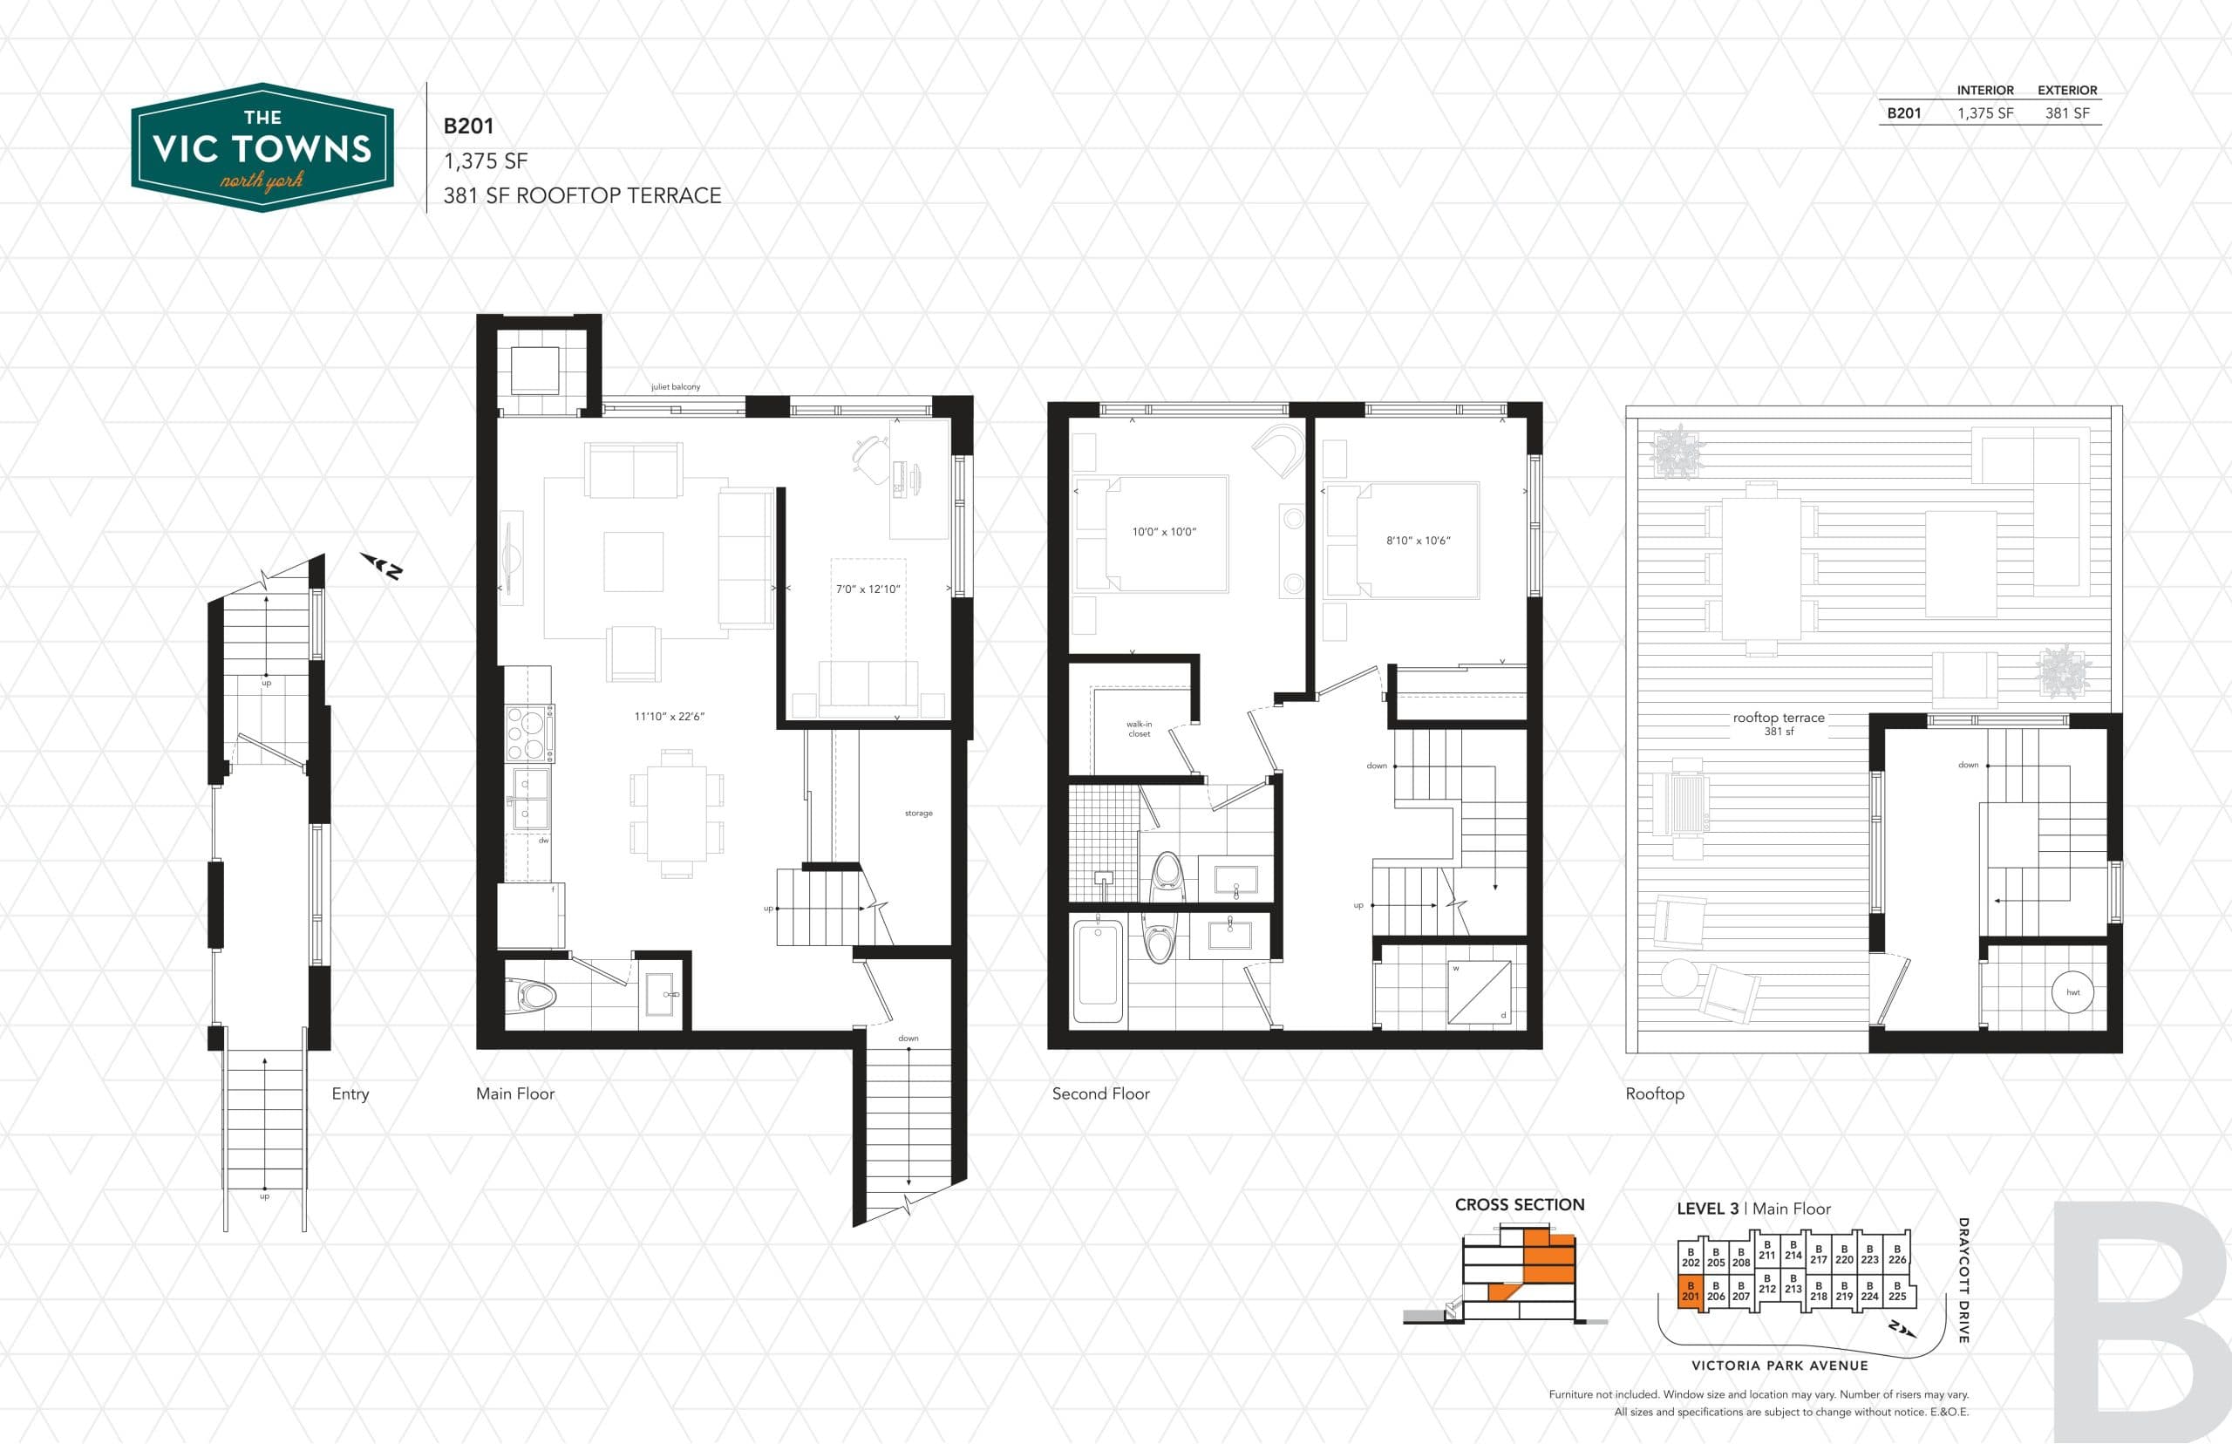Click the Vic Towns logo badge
262,148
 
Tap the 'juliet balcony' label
675,387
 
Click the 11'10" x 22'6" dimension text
670,717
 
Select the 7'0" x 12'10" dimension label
868,589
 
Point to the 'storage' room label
918,813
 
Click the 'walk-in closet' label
1139,729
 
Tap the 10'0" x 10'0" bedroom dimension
1163,532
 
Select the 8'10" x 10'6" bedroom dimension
1418,540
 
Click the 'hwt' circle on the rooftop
2072,992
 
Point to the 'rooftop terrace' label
1778,719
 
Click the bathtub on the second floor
1097,973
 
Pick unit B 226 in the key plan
1896,1254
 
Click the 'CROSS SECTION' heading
1519,1205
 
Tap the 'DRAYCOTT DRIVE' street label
1963,1280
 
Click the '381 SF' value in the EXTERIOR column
2066,113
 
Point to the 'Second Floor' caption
1099,1093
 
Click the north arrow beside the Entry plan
383,565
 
